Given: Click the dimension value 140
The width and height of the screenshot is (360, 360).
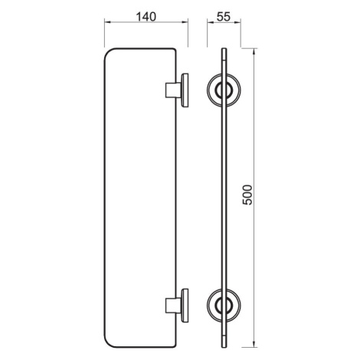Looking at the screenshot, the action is pos(146,17).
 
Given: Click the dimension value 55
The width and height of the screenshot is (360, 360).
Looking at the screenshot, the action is pos(224,17).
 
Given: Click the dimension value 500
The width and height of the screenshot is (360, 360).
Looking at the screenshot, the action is pos(247,195).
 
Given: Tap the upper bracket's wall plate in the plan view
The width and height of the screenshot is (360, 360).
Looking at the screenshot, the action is pos(185,90).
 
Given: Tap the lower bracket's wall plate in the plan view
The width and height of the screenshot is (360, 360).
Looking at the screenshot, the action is pos(185,306).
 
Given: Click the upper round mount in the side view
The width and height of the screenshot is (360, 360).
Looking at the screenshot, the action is pos(224,90).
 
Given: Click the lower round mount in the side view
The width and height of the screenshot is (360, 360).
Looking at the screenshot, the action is pos(224,306).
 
